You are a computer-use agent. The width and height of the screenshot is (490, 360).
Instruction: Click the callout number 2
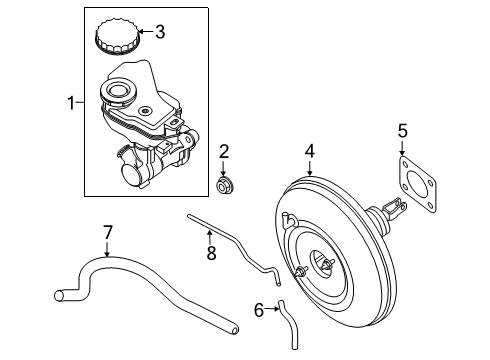point(225,151)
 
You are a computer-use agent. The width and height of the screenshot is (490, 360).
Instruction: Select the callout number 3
point(160,32)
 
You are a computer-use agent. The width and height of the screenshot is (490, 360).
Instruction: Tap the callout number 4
point(310,152)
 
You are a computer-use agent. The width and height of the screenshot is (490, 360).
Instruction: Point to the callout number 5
point(402,129)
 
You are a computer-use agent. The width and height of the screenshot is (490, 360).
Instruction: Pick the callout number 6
point(258,311)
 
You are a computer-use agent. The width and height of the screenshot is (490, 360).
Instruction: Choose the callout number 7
point(107,234)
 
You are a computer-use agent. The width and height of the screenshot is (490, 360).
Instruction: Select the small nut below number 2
point(226,184)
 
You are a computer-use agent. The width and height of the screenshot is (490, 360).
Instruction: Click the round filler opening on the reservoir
point(116,93)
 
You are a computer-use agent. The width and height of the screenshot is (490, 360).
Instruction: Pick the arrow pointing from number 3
point(143,32)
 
